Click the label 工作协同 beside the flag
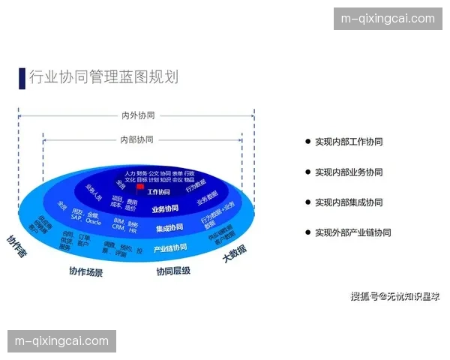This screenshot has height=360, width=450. [x=158, y=193]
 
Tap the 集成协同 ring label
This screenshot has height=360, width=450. [x=169, y=228]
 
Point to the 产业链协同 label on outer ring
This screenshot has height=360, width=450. [x=170, y=248]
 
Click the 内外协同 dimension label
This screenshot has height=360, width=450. [x=138, y=115]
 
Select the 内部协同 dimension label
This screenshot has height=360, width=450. [x=136, y=139]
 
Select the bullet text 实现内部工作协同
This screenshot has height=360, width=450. [x=348, y=142]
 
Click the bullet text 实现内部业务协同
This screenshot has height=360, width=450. [x=348, y=172]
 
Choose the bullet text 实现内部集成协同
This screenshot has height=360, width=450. [x=348, y=202]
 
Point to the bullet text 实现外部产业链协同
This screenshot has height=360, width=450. [x=352, y=232]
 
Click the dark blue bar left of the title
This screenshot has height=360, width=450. [x=22, y=77]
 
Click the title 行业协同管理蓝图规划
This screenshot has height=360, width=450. [x=103, y=77]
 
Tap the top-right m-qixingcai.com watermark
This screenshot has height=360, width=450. [x=387, y=19]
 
